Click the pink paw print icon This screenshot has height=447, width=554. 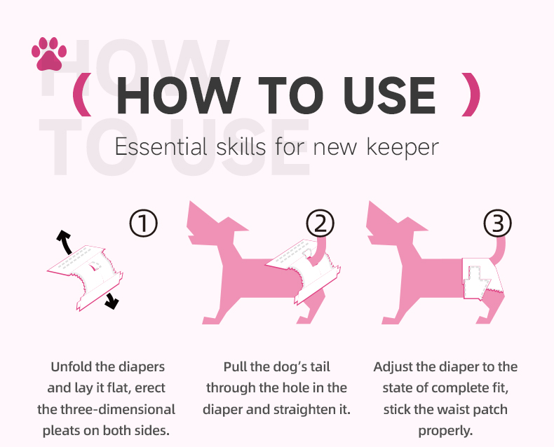coord(49,54)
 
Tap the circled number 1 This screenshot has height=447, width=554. coord(143,223)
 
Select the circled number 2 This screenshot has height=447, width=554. coord(320,223)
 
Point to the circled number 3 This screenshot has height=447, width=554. coord(497,223)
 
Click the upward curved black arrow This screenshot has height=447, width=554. coord(65,242)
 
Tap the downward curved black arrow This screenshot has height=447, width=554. coord(112,301)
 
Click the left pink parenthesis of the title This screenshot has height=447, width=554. coord(83,95)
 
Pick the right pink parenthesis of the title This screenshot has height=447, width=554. coord(471,95)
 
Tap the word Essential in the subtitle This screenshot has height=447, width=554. coord(161,146)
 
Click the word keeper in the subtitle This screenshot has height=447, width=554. coord(403,147)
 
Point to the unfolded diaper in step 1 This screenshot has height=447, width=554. coord(86,277)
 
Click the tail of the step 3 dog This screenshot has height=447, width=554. coord(499,251)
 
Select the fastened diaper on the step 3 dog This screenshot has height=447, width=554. coord(482,279)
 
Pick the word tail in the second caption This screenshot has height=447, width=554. coord(320,367)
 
